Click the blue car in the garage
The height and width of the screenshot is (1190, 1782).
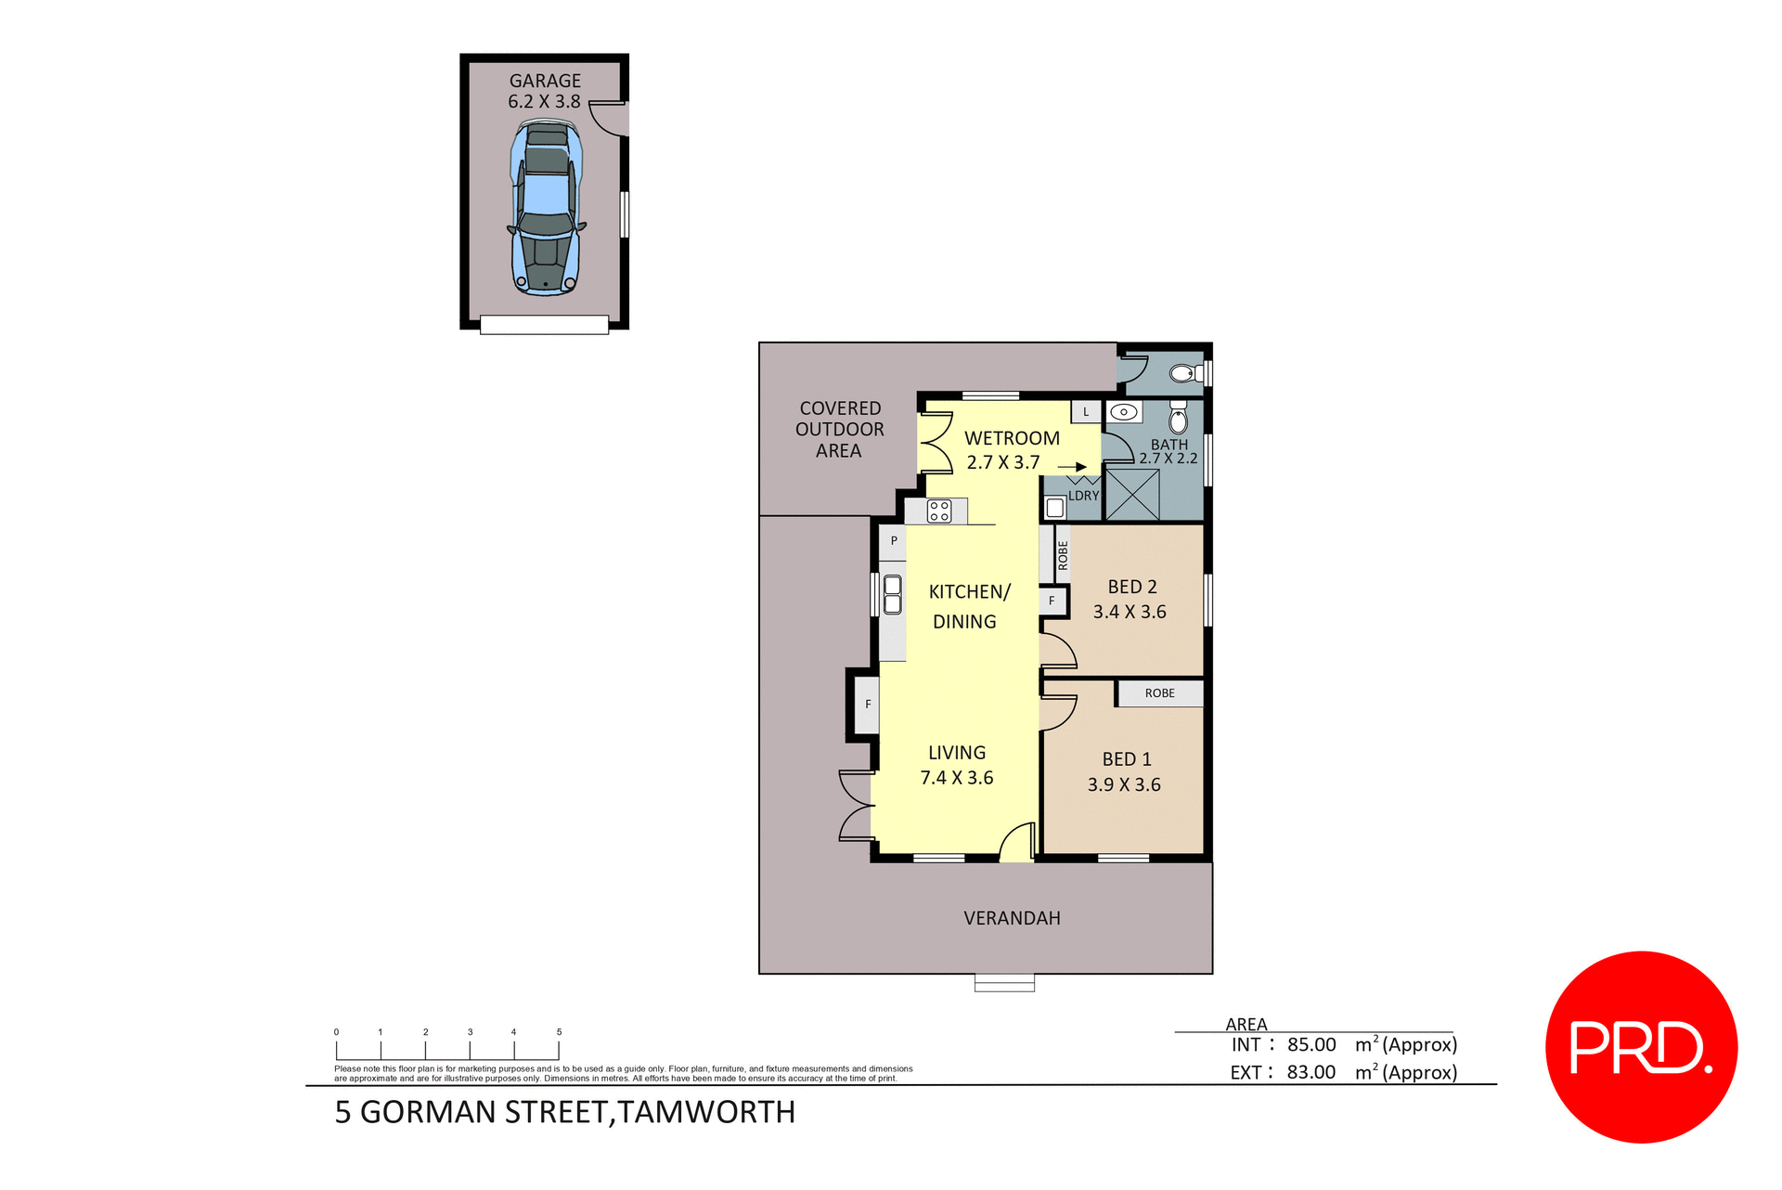546,210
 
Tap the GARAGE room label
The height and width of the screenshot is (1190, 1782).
545,81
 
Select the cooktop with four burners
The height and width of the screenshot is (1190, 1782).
938,511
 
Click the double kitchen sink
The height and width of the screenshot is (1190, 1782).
892,595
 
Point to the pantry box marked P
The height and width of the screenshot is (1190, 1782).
894,541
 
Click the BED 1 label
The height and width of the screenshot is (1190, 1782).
1126,759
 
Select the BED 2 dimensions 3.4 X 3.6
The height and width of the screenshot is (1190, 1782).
1129,612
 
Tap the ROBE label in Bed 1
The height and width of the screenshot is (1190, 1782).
1159,693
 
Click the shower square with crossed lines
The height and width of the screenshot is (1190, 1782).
1132,494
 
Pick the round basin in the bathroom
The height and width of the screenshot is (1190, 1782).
1123,411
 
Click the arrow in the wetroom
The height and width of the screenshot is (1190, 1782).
1073,467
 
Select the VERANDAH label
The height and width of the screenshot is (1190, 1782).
1012,918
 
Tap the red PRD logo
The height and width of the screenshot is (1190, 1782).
1641,1047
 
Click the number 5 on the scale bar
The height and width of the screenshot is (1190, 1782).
559,1032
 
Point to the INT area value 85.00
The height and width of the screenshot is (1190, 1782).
1311,1045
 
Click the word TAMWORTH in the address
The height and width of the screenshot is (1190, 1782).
706,1112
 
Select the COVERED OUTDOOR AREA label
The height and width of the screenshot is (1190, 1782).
839,430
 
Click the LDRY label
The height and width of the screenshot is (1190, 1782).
1083,496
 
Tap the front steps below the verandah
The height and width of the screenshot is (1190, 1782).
1004,983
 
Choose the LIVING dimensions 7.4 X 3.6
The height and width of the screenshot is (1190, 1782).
956,778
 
